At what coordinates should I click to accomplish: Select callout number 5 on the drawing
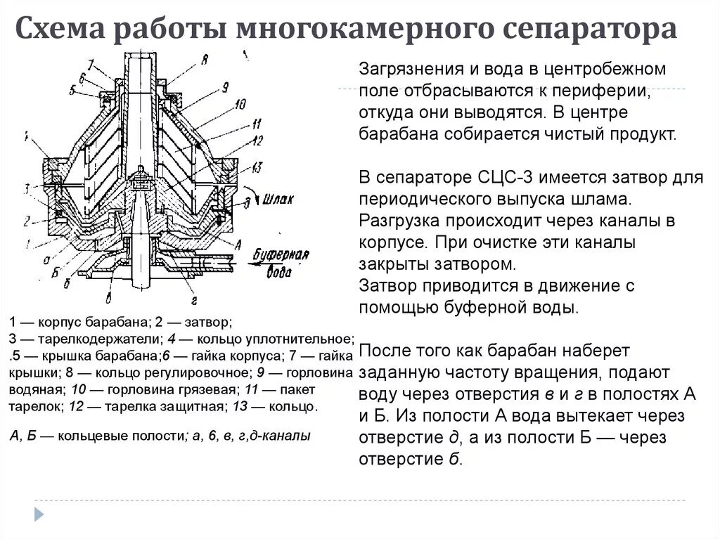(x=72, y=91)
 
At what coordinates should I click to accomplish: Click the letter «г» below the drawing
(x=192, y=300)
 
